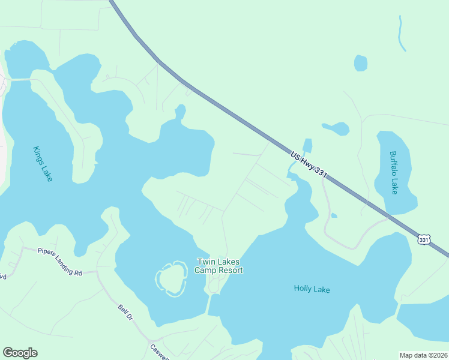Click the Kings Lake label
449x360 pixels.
(43, 164)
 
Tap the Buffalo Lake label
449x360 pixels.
(393, 172)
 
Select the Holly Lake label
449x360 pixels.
(312, 289)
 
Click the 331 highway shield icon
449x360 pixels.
(424, 239)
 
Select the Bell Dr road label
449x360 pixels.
(125, 312)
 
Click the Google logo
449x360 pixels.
(20, 353)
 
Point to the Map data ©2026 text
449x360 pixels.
(423, 355)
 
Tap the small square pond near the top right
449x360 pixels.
(360, 63)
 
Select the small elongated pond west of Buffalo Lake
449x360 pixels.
(336, 128)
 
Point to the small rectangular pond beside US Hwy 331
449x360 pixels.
(307, 146)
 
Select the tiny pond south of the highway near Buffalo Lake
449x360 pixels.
(333, 215)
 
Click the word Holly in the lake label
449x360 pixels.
(302, 289)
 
